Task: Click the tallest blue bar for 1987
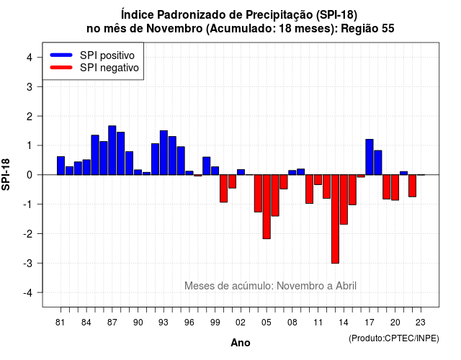112,150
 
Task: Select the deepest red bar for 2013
335,219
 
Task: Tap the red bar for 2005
267,207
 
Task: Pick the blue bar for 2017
370,157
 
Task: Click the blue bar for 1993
164,153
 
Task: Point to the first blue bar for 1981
61,166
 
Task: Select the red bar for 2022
413,186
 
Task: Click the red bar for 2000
224,189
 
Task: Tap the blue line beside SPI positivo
61,55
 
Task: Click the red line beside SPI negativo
61,68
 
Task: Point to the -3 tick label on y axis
28,264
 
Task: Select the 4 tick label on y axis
30,58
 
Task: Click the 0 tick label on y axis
30,175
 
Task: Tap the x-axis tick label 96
189,323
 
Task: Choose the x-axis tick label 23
421,323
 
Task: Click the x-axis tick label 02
241,323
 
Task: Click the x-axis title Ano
241,343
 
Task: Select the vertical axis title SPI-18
6,174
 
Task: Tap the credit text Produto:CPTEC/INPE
394,338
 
